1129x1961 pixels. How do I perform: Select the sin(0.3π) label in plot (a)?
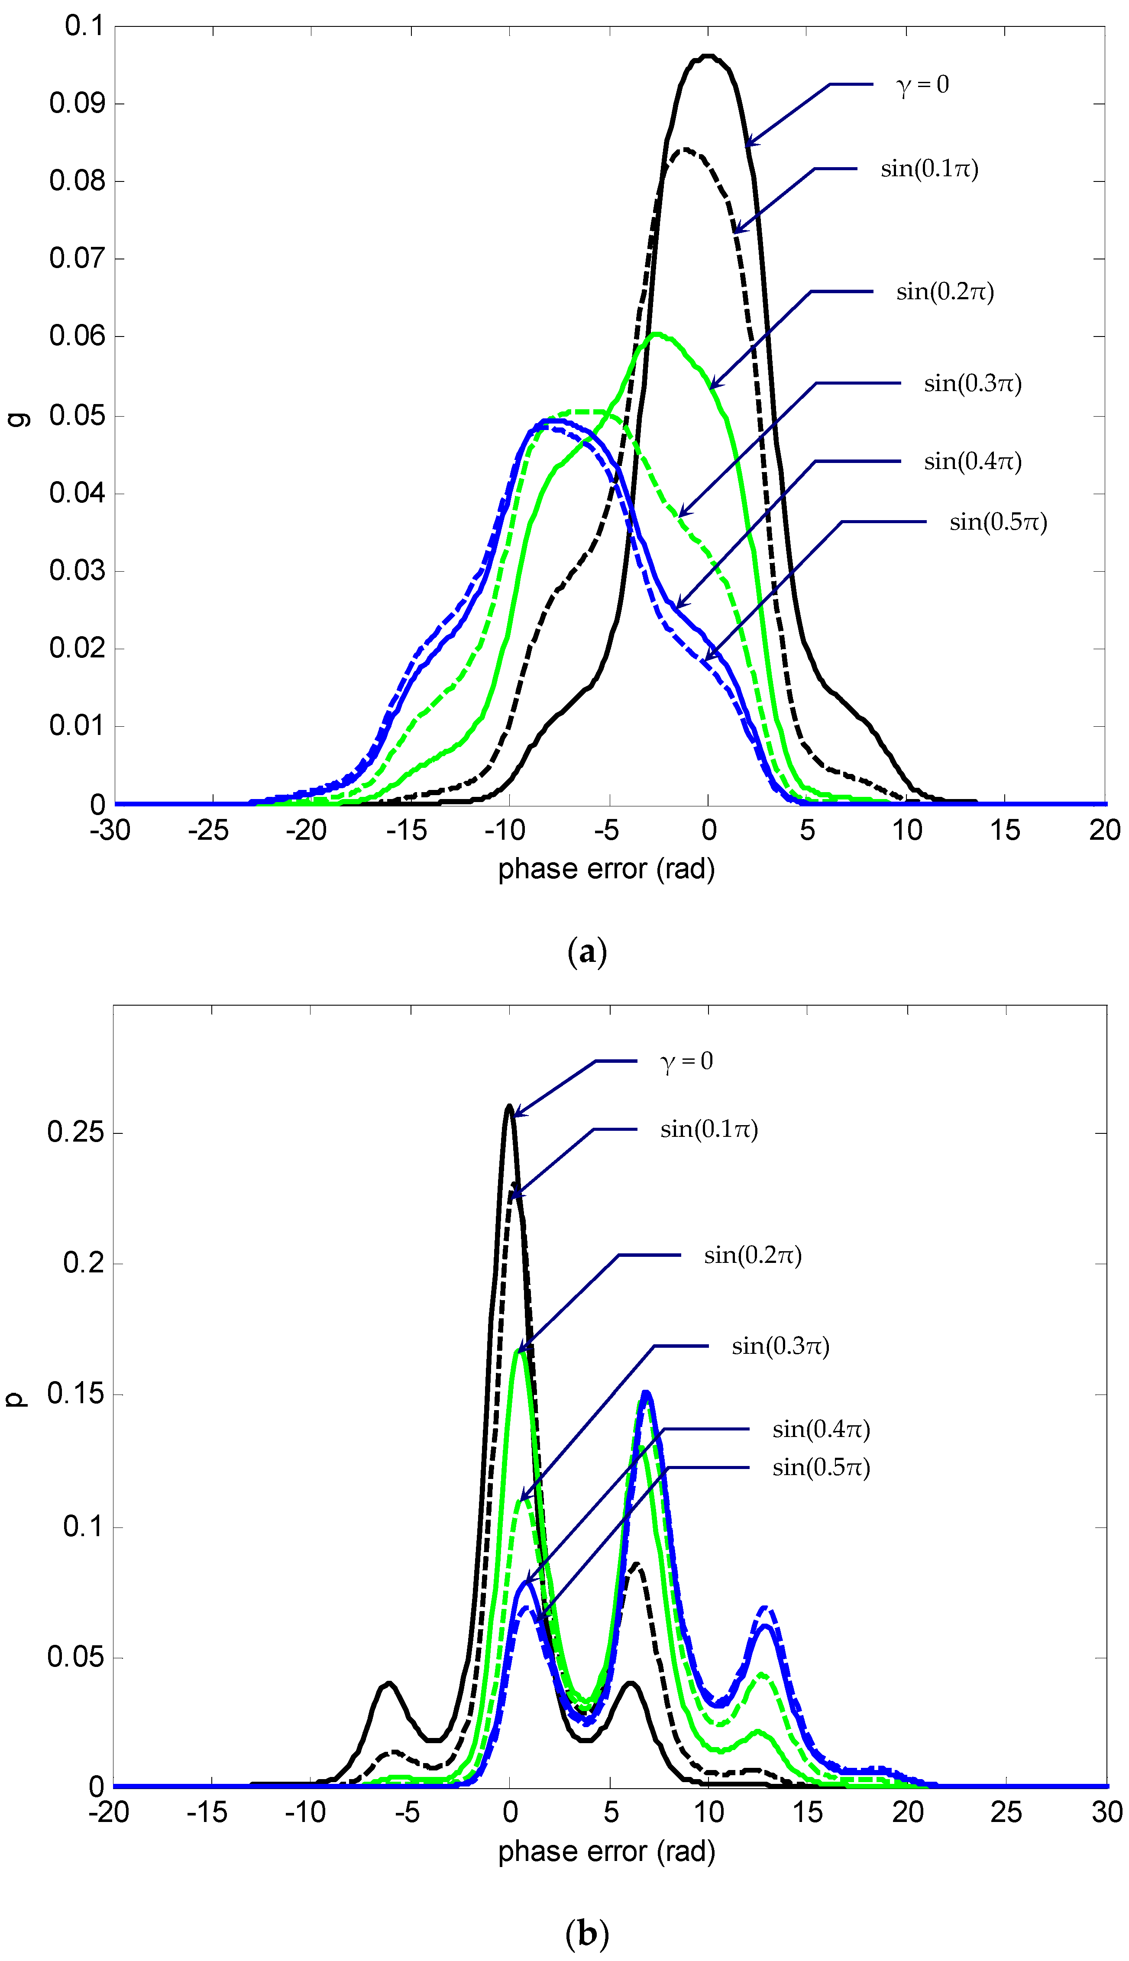972,383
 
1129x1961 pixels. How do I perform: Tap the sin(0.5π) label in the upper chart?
998,522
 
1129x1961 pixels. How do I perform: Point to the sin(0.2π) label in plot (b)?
752,1256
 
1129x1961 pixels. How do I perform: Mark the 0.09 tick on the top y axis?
76,103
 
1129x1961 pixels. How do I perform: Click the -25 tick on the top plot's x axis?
208,831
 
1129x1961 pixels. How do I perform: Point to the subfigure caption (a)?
587,951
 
